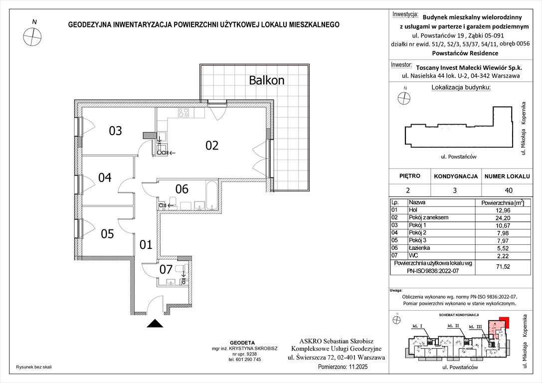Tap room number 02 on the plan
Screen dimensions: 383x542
click(x=212, y=146)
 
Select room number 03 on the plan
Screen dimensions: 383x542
click(x=115, y=131)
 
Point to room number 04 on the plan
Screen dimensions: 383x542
click(x=105, y=177)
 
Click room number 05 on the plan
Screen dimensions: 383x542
click(x=107, y=234)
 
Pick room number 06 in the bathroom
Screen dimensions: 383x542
click(x=182, y=189)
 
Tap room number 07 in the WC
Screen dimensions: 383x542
click(x=166, y=270)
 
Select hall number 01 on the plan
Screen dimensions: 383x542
click(x=145, y=245)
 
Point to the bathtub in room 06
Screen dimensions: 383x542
click(x=211, y=195)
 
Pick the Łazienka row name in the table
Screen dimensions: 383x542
click(x=419, y=247)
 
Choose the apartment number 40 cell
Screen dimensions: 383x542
click(x=508, y=190)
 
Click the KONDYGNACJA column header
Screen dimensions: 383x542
click(x=456, y=177)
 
